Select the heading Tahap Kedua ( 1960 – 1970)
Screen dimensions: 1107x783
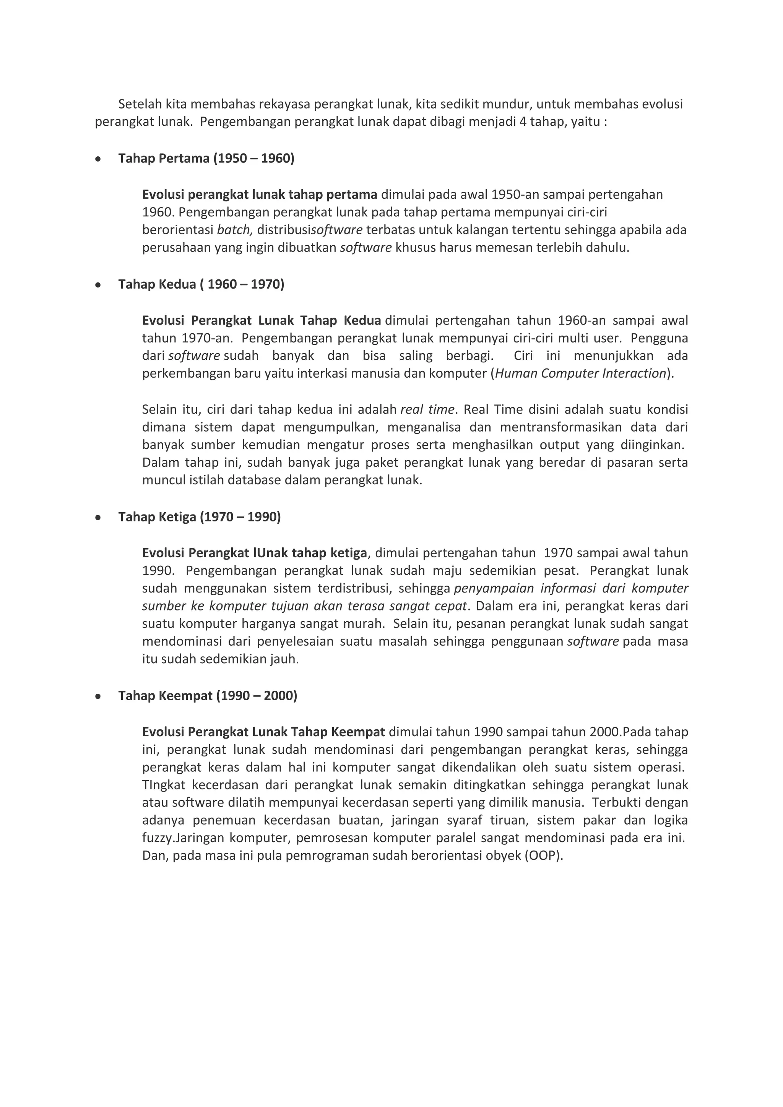click(x=201, y=284)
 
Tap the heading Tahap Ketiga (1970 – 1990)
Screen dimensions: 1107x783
click(x=199, y=517)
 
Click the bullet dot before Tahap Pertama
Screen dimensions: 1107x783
click(x=98, y=159)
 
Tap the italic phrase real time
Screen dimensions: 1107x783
click(x=427, y=410)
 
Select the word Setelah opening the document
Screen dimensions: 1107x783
click(x=140, y=104)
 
